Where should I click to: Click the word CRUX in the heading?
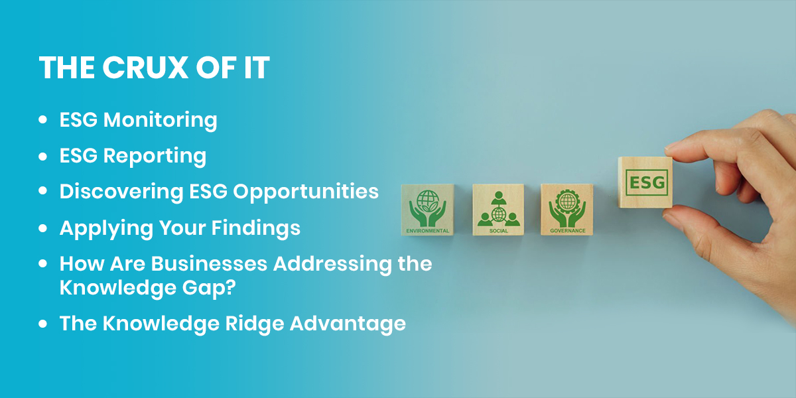click(x=145, y=67)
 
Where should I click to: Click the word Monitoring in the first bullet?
click(x=160, y=120)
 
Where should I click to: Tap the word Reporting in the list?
click(x=155, y=157)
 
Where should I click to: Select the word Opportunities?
click(x=306, y=192)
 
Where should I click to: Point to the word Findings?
click(x=256, y=228)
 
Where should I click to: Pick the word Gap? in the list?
click(x=209, y=288)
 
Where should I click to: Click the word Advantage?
click(x=348, y=324)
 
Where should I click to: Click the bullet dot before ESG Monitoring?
click(x=42, y=119)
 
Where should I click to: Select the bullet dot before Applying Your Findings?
click(x=42, y=228)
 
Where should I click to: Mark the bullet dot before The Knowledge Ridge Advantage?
click(x=42, y=324)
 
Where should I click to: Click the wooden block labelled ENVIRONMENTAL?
click(x=427, y=210)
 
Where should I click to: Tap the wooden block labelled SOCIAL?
click(x=498, y=210)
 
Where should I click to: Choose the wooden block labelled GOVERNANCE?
click(x=566, y=210)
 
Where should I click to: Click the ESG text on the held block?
click(x=647, y=182)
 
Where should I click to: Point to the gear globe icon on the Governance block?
click(x=567, y=202)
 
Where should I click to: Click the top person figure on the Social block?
click(x=499, y=198)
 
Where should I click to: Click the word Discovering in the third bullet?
click(x=121, y=192)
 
